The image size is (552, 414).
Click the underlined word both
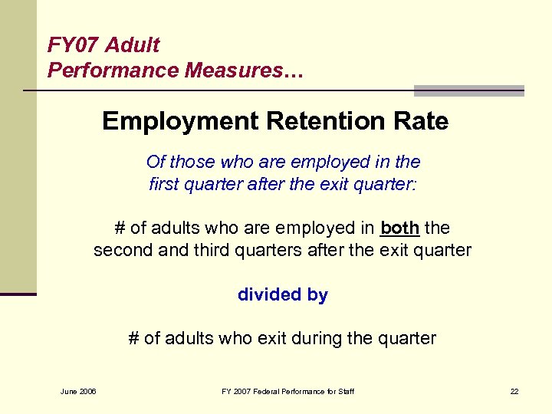click(x=399, y=228)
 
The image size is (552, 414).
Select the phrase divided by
click(x=283, y=295)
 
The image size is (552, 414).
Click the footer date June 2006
click(x=79, y=393)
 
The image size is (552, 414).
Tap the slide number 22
click(x=514, y=393)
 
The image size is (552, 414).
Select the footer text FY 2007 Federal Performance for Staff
click(x=287, y=393)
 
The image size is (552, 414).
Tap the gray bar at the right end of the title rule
click(x=468, y=90)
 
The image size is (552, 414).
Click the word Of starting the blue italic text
click(x=156, y=162)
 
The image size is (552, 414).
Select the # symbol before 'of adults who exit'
click(x=133, y=338)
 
